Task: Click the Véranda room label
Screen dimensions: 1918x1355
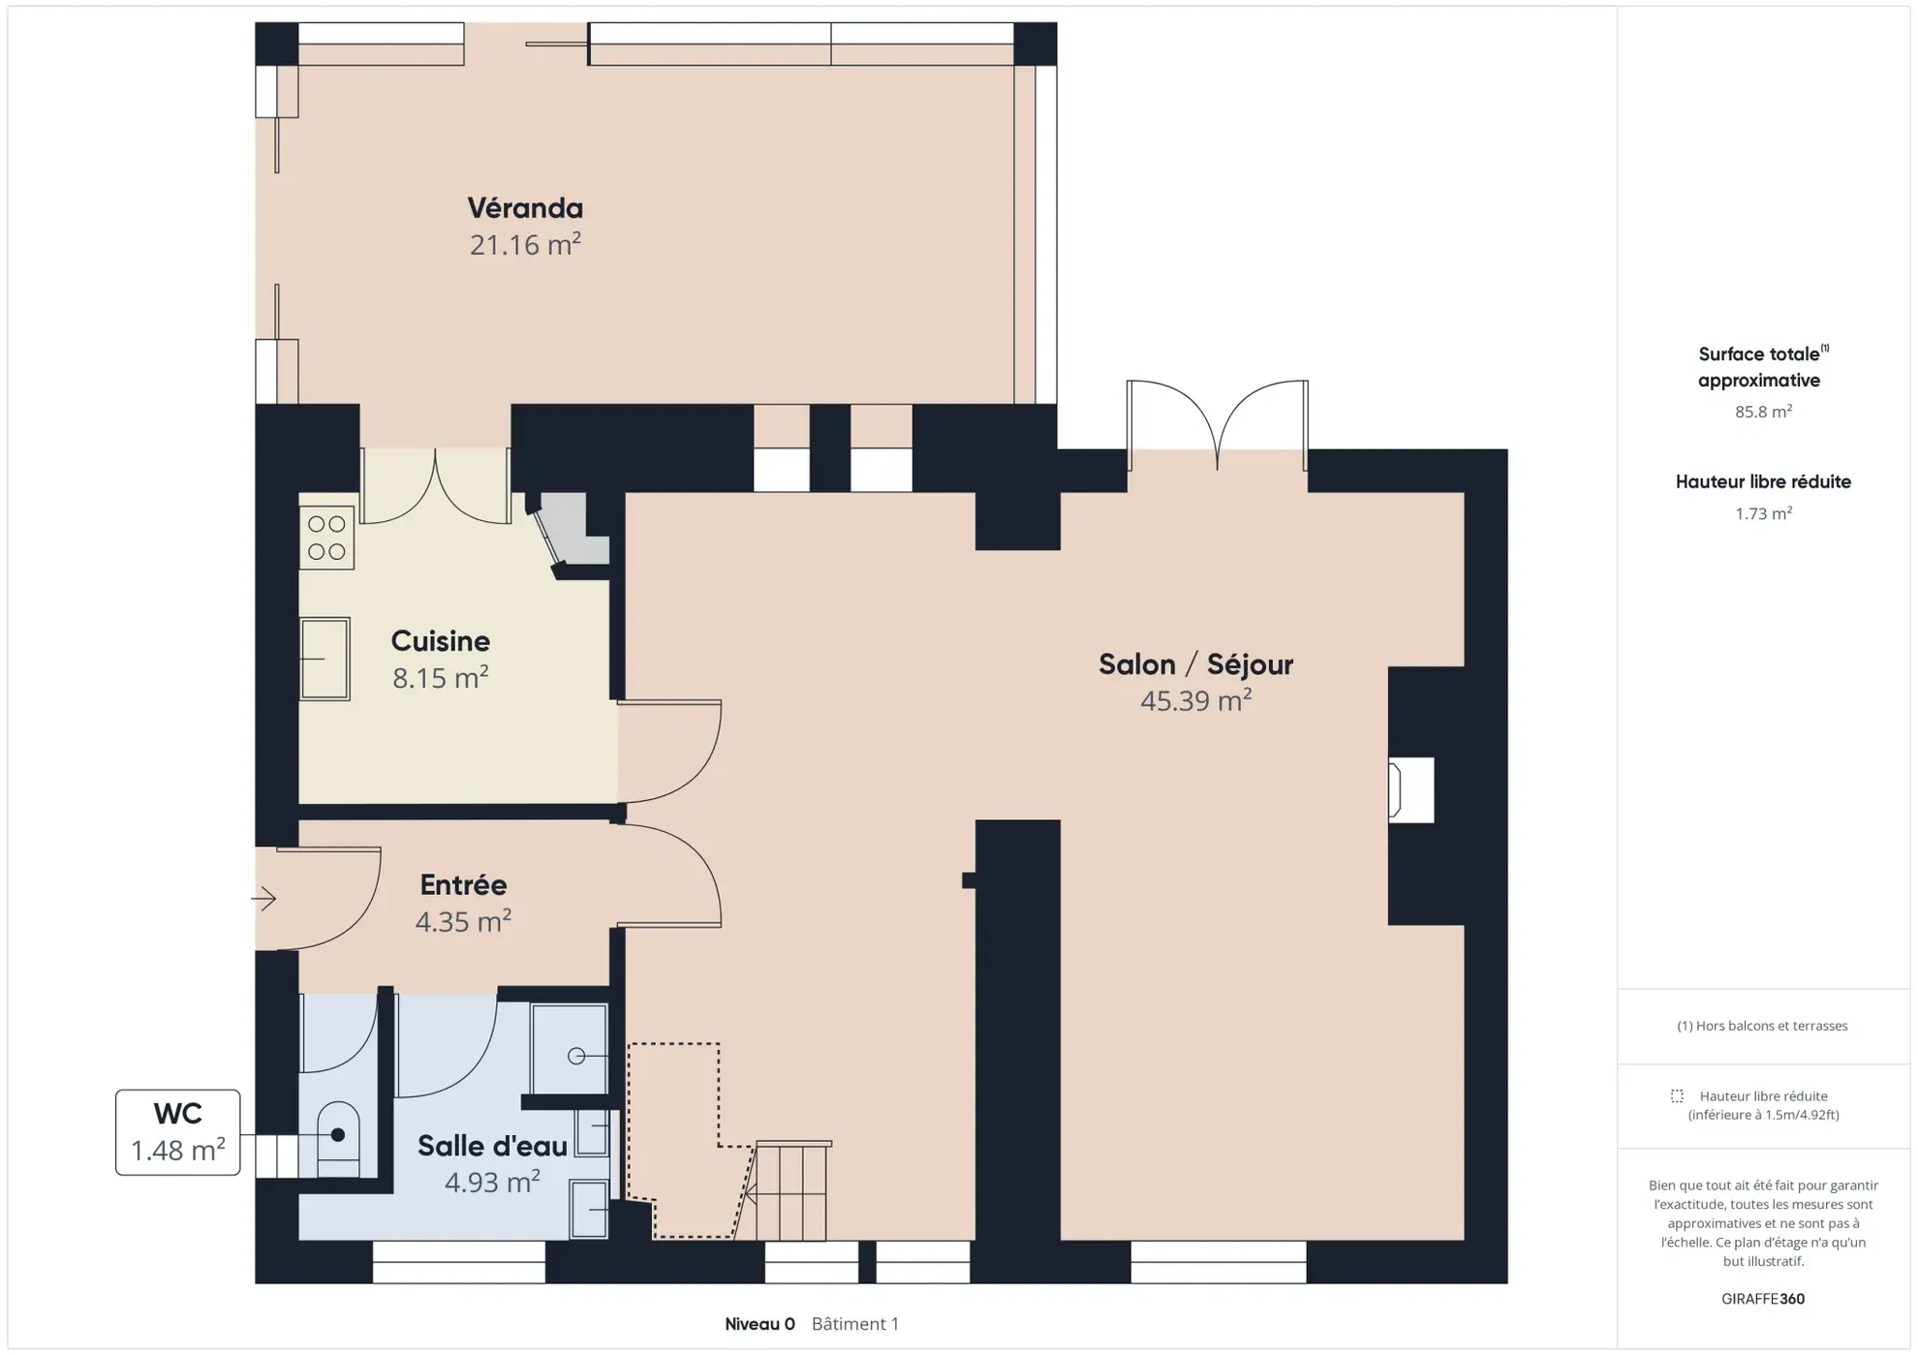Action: point(525,208)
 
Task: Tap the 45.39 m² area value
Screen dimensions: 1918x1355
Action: point(1195,700)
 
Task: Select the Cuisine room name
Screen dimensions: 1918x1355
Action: point(441,641)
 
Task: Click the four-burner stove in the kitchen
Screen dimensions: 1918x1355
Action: point(326,538)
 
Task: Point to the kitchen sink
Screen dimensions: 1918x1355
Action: point(325,659)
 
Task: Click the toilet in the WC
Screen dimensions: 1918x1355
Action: point(337,1139)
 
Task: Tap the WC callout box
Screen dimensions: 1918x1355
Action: point(178,1132)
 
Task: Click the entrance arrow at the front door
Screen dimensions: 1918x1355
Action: point(263,899)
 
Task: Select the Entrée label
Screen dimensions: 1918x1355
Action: point(464,885)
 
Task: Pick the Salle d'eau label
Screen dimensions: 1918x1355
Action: point(492,1147)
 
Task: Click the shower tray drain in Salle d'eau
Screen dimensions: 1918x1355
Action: point(576,1056)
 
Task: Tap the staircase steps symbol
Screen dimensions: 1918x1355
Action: point(791,1191)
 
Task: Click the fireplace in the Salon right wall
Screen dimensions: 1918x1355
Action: point(1411,790)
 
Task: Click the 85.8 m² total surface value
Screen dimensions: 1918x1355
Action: point(1763,412)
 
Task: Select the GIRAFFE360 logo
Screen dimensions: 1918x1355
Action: point(1763,1299)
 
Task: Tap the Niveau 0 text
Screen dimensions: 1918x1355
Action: point(759,1324)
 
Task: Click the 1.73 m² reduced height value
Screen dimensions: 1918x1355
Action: point(1763,513)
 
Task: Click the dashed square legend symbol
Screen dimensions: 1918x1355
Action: point(1677,1096)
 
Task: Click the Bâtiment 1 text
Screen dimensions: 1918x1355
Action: point(855,1324)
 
